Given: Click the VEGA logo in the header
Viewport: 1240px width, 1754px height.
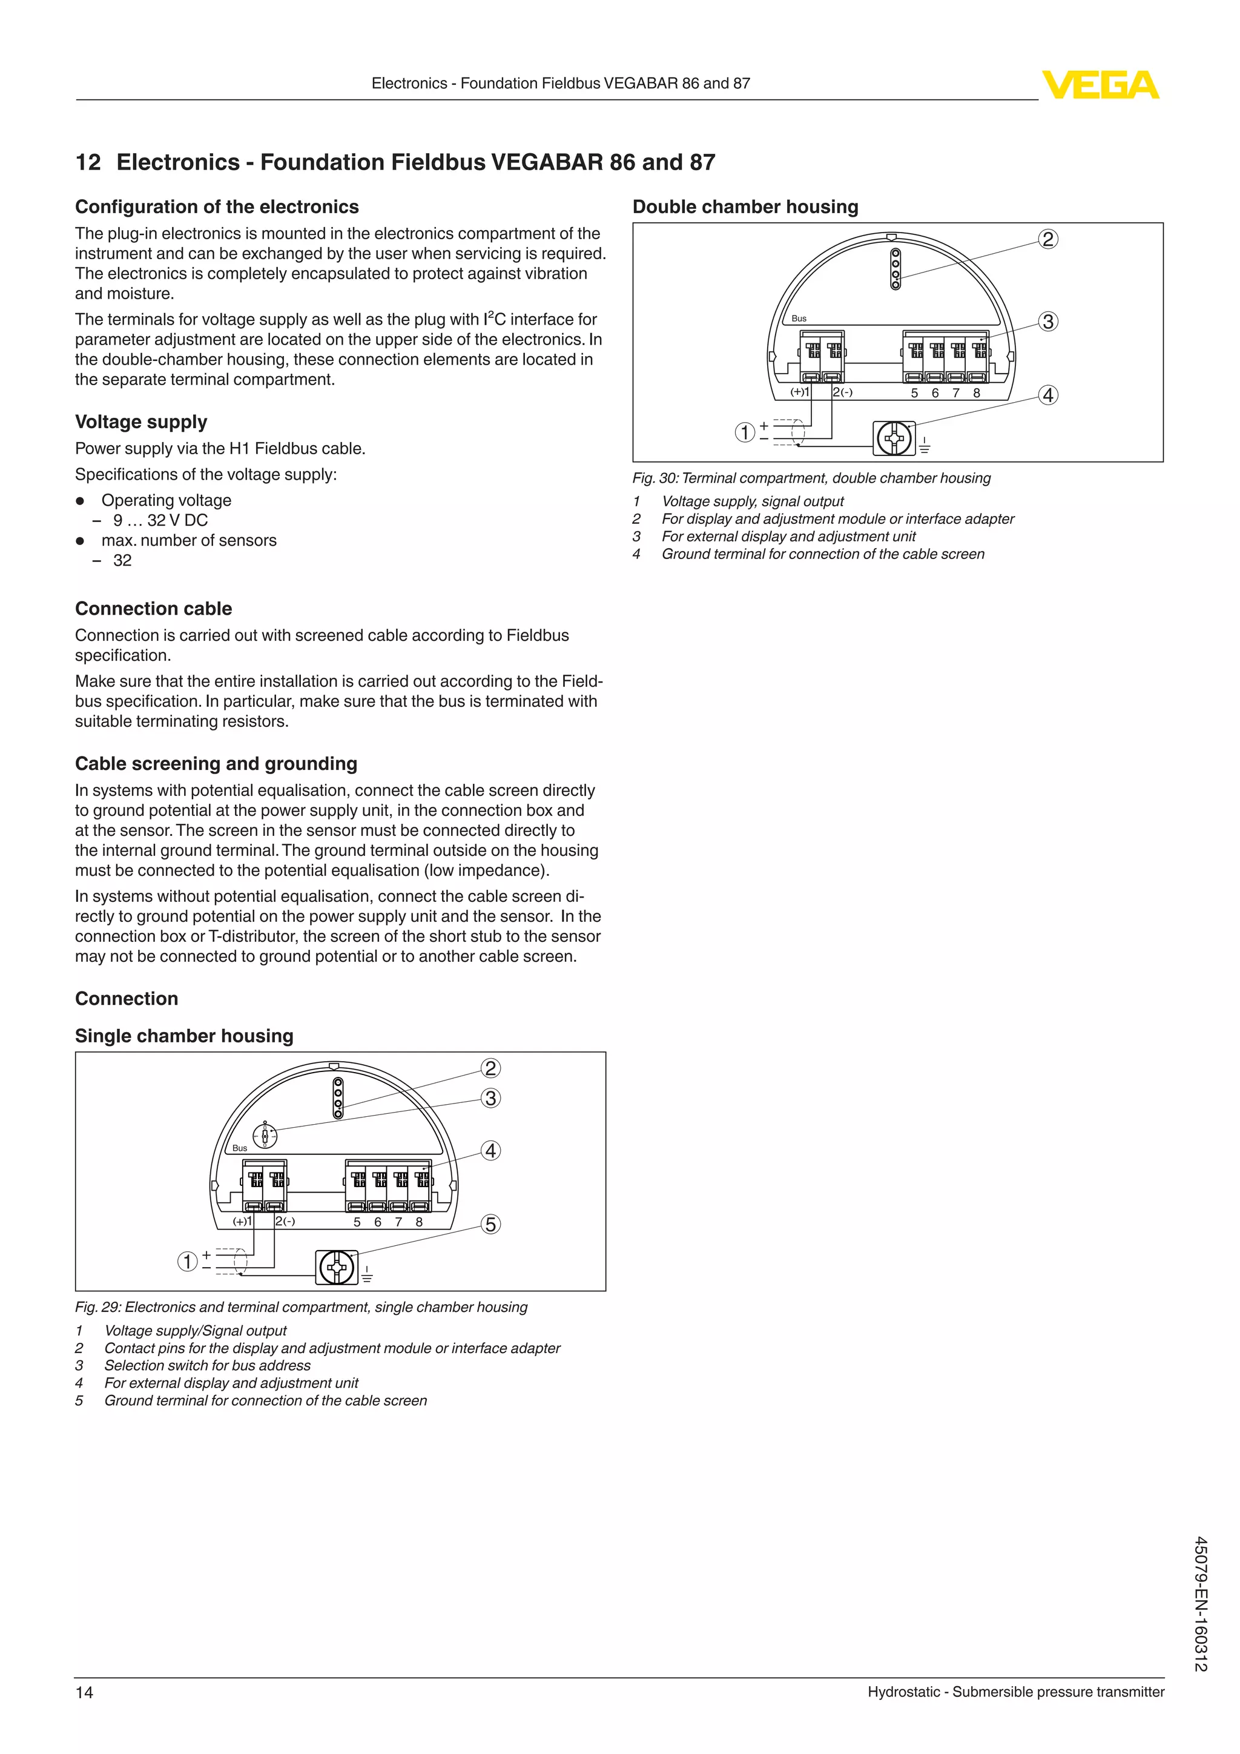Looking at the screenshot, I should pos(1100,85).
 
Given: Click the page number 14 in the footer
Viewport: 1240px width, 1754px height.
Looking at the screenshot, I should pos(84,1692).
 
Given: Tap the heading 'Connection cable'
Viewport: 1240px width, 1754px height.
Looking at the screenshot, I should pos(153,609).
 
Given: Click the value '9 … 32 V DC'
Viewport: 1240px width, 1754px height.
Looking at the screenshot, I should pos(160,520).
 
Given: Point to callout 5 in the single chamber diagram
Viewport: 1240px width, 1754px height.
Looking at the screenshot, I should pos(491,1225).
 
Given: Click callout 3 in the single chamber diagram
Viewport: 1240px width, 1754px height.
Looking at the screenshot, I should pos(491,1099).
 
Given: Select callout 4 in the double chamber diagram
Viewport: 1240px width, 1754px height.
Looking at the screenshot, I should pos(1048,395).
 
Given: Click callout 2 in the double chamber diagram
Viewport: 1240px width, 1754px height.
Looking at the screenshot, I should pos(1048,239).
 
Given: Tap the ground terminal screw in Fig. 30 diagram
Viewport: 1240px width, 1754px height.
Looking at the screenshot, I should pos(893,438).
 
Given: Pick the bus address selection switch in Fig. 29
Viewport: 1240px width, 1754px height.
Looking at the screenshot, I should pos(265,1137).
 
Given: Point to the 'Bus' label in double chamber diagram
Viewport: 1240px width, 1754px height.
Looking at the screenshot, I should pos(799,319).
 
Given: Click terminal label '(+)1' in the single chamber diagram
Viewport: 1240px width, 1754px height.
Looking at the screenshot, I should pos(242,1222).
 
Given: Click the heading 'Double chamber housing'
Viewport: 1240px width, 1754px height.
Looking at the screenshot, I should pos(745,207).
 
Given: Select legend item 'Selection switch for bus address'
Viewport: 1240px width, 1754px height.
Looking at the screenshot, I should pos(208,1365).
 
